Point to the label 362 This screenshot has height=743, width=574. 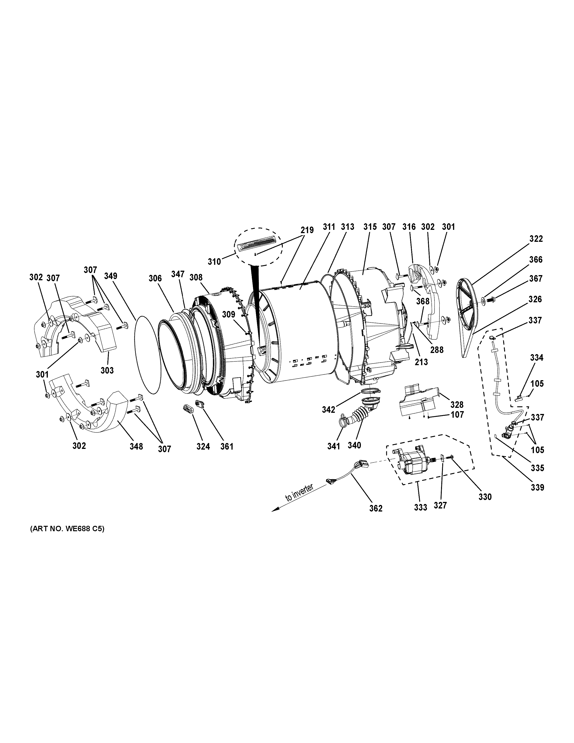(376, 508)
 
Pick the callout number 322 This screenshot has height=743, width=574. (536, 239)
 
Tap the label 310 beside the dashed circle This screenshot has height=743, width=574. (214, 262)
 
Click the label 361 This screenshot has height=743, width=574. (227, 446)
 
